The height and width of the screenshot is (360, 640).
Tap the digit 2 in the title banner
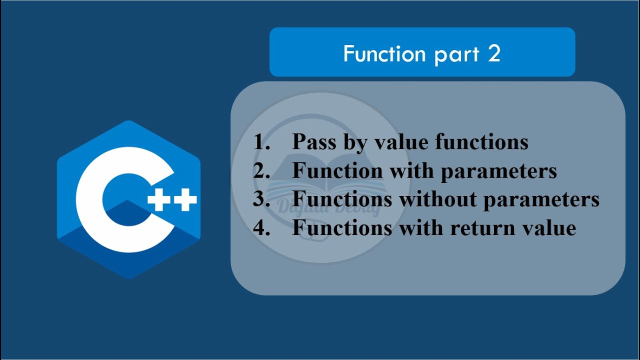[x=494, y=53]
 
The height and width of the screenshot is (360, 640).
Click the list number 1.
[x=261, y=142]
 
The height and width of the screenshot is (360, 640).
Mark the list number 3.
[x=261, y=199]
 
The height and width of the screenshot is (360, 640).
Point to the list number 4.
[x=261, y=228]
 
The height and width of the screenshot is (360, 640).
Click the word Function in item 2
[x=337, y=171]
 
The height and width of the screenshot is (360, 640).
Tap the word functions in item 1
[x=481, y=142]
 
